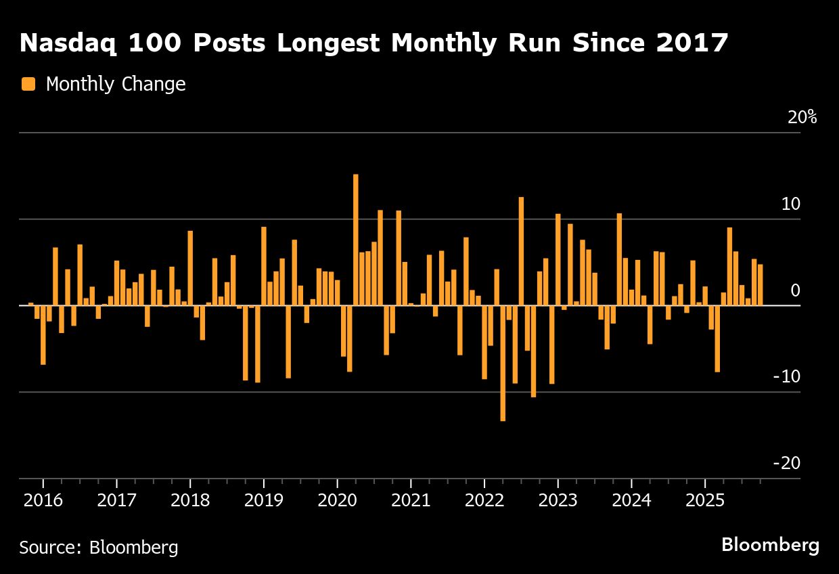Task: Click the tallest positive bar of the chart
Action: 356,240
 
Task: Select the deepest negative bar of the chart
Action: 503,363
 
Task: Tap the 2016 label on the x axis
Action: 43,501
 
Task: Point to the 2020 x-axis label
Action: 337,501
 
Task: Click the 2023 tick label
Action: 558,501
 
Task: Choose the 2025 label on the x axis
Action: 705,501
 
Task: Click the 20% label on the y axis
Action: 802,117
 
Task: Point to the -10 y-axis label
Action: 786,376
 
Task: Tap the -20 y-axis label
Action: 786,463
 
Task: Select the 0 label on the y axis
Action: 796,290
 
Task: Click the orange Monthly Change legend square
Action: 28,84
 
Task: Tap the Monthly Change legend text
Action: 116,84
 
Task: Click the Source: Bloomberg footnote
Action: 99,547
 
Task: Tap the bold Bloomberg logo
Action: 770,545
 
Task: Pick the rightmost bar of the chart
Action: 761,285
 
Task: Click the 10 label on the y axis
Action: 792,204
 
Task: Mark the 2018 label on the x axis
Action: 190,501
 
